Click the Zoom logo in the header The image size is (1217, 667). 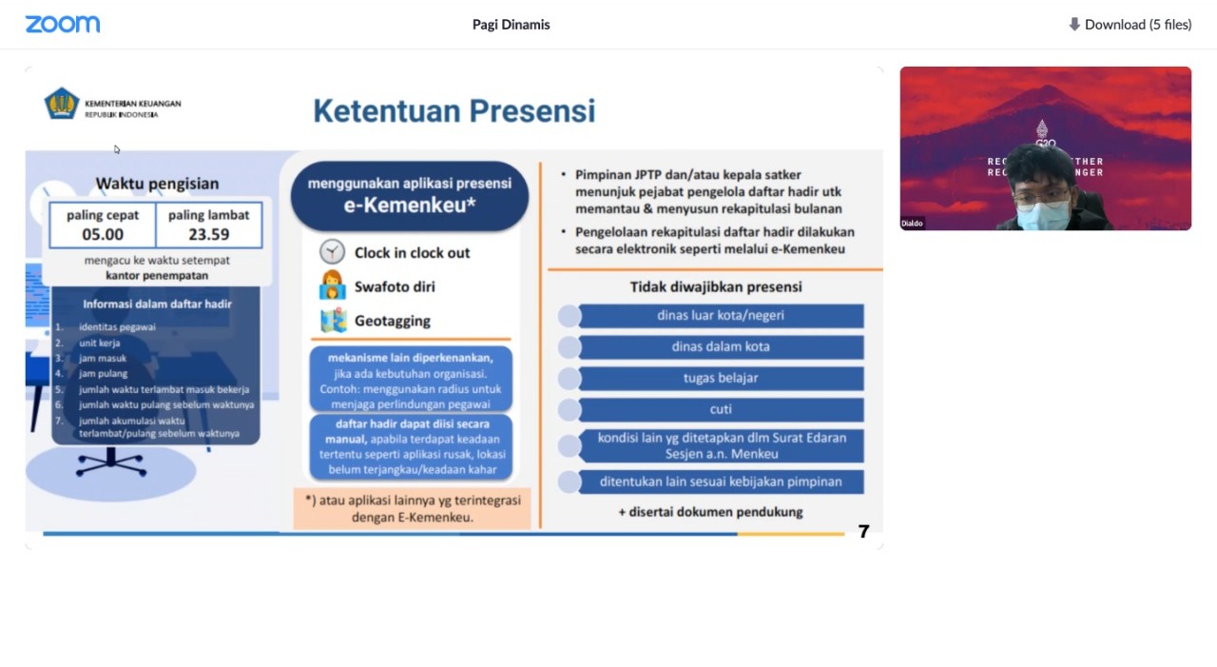point(63,25)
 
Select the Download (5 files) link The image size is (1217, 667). point(1130,25)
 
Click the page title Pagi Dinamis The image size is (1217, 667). point(511,25)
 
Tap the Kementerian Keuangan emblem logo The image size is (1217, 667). point(62,103)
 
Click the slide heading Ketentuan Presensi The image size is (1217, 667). point(454,111)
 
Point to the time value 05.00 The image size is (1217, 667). point(103,234)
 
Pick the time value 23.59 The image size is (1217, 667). point(208,234)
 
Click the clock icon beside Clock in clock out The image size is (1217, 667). point(332,252)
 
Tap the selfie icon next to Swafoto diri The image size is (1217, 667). point(333,285)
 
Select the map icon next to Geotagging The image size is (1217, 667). point(333,321)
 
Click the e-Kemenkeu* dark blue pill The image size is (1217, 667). point(410,195)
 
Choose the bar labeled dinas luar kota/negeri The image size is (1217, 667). point(720,316)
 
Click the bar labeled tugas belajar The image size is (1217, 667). point(720,379)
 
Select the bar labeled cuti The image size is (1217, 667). point(720,410)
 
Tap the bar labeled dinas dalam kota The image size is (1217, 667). point(720,347)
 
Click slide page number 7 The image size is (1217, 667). point(863,532)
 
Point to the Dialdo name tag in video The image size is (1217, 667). point(913,224)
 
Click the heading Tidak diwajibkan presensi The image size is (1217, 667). point(715,286)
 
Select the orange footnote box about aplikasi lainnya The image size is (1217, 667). point(412,509)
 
